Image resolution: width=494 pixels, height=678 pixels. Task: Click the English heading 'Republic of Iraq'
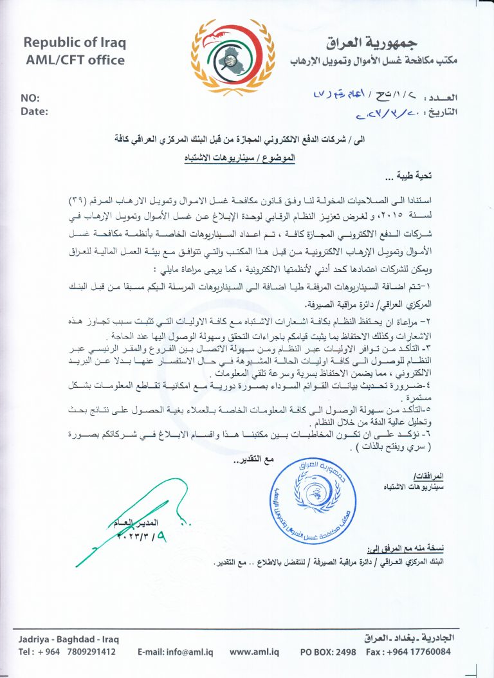(x=75, y=43)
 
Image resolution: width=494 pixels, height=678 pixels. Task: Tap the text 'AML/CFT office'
(x=75, y=60)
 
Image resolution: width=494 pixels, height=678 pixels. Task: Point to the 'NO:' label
(x=30, y=98)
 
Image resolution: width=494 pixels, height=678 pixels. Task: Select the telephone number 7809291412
(x=87, y=651)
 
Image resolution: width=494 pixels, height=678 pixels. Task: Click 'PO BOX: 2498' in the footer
(x=328, y=651)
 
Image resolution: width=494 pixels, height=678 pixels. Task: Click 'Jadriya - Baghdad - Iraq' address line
(x=69, y=639)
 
